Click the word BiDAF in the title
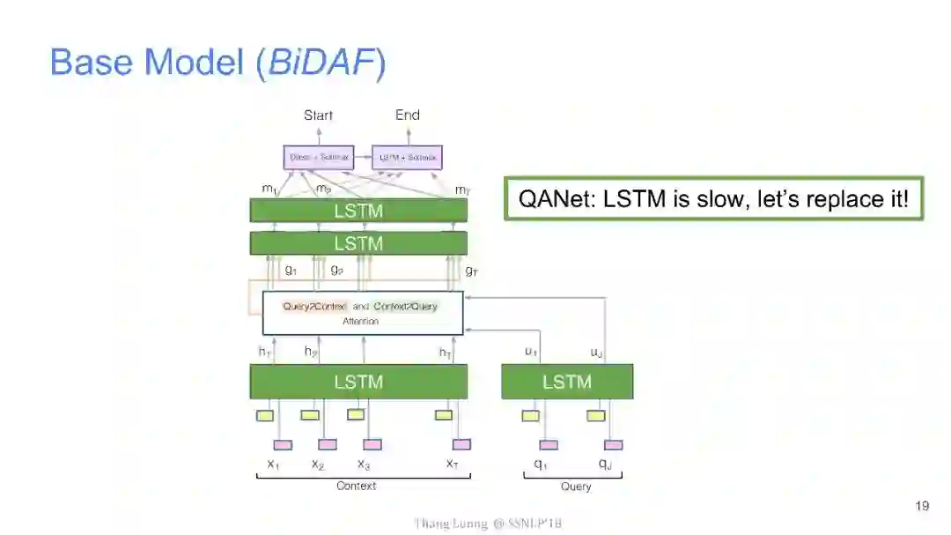tap(320, 63)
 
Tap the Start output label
tap(318, 115)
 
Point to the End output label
tap(407, 115)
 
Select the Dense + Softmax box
tap(319, 158)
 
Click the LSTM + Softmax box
tap(407, 158)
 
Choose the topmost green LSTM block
tap(358, 211)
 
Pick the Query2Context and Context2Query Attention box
tap(362, 313)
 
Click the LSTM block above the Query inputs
tap(566, 382)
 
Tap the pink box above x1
tap(282, 444)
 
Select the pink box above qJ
tap(613, 444)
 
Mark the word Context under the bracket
tap(356, 486)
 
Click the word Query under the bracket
tap(576, 487)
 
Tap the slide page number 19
tap(922, 506)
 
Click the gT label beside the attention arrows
tap(472, 271)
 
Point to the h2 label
tap(311, 352)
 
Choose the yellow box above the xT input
tap(444, 415)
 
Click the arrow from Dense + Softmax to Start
tap(318, 134)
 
